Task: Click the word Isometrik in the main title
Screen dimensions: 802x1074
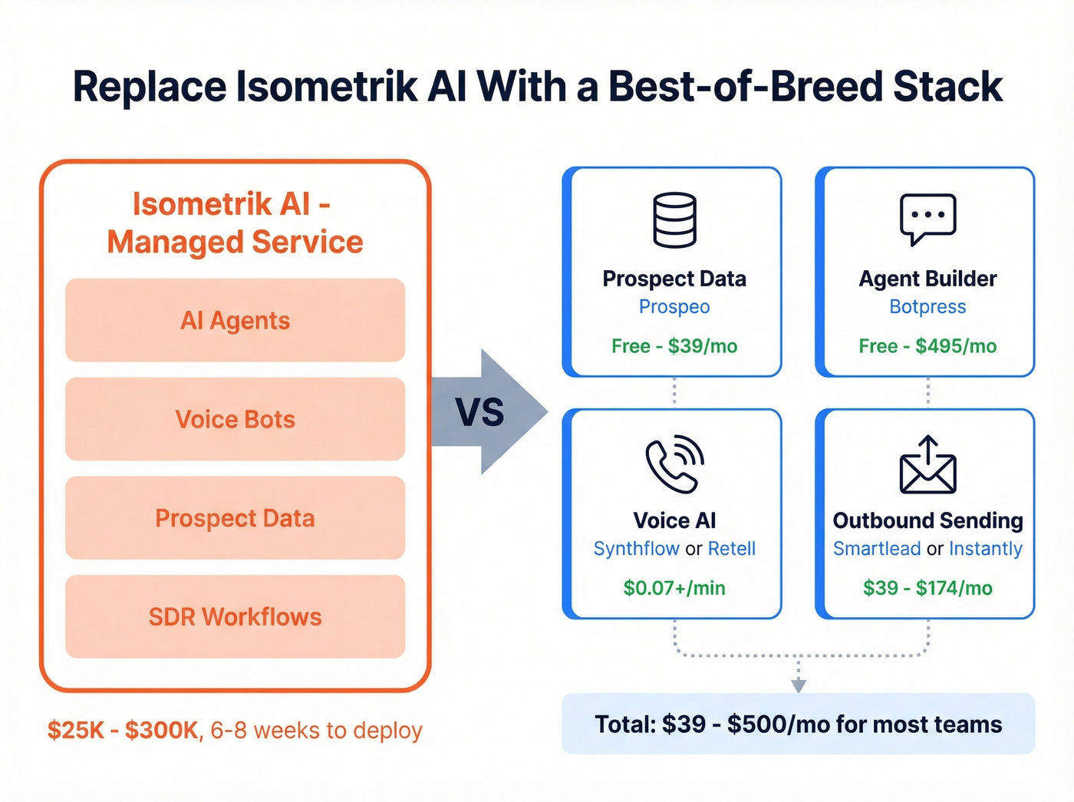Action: pos(327,87)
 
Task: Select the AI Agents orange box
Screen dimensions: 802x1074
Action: pos(235,320)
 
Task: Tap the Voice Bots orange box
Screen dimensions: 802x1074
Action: pos(235,419)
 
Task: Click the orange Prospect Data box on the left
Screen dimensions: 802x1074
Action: pos(235,518)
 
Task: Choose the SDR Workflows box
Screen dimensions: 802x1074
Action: pos(235,617)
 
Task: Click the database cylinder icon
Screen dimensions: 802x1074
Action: pos(674,220)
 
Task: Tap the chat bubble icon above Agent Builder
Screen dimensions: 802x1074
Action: pos(927,219)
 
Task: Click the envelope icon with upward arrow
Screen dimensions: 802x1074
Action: pos(927,465)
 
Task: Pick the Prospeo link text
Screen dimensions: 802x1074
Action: pos(674,307)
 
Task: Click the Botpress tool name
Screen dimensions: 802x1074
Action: pos(927,307)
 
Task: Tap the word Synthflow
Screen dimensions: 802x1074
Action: pos(636,549)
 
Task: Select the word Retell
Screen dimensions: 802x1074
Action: pos(731,549)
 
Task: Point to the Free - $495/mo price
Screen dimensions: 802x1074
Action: pos(927,346)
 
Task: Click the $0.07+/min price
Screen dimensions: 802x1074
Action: pos(674,588)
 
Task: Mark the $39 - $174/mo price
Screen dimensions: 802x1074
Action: pos(927,588)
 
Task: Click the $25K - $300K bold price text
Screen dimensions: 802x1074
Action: pos(123,730)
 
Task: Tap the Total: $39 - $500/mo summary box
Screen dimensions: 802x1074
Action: pos(798,724)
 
